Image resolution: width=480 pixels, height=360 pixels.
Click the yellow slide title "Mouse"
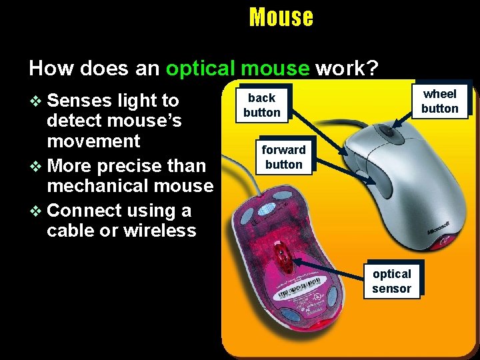[x=281, y=17]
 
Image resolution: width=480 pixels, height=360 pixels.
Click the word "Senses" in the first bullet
[x=80, y=101]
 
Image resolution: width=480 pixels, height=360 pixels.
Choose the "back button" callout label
[x=261, y=105]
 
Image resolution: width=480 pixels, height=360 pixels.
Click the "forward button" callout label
[x=283, y=157]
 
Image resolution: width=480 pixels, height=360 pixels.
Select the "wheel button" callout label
[x=439, y=101]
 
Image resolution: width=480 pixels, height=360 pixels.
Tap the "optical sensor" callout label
[x=391, y=281]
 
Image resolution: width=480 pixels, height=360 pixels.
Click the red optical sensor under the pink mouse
[x=283, y=253]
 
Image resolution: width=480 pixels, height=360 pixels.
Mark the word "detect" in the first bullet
[x=74, y=121]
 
